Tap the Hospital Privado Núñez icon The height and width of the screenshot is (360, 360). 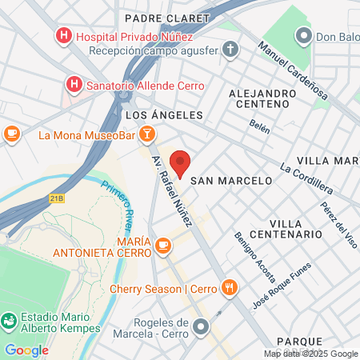coord(62,36)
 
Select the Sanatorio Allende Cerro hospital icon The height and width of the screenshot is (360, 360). coord(74,84)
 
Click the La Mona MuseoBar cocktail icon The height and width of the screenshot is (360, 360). coord(146,133)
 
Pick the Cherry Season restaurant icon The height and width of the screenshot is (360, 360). coord(229,287)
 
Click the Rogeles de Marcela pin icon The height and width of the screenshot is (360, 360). coord(201,326)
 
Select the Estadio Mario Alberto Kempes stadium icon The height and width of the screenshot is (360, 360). coord(9,321)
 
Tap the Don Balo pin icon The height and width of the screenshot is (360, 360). coord(303,36)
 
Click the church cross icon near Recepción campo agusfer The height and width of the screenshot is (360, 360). coord(230,51)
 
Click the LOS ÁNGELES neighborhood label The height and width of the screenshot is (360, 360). coord(165,115)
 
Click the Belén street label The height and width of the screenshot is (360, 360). coord(259,126)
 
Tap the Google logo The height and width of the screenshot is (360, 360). coord(26,350)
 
